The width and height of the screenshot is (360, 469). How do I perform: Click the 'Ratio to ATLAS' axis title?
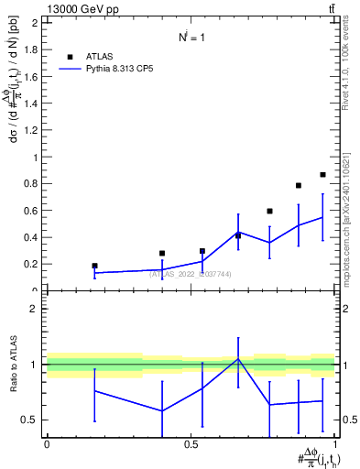pos(12,364)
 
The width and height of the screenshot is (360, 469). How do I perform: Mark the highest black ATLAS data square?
pos(322,174)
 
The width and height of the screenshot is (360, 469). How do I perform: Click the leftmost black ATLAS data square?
pos(94,266)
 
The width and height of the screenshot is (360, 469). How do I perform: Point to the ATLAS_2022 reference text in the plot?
pos(191,274)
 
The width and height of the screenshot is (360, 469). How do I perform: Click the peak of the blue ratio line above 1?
pos(238,359)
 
